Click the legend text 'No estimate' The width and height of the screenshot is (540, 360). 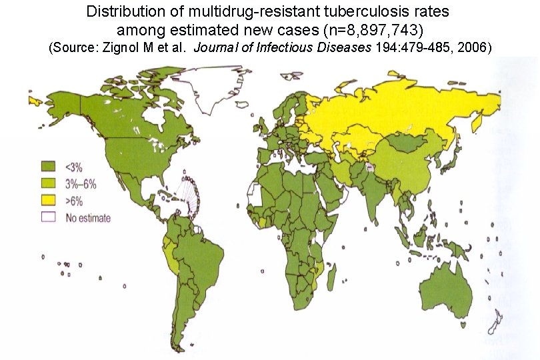click(88, 217)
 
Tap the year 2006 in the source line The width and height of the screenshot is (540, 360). click(477, 49)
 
